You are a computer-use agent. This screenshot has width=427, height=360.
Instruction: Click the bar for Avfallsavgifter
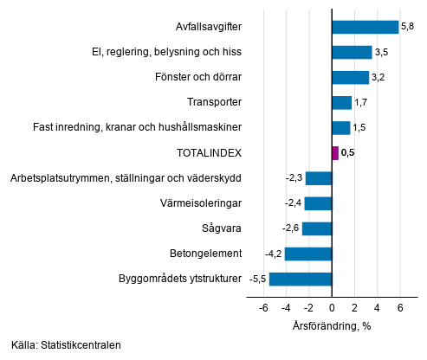(365, 27)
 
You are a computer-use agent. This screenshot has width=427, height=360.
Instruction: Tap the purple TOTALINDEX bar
(335, 153)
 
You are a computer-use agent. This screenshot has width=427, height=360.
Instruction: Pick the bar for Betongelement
(308, 254)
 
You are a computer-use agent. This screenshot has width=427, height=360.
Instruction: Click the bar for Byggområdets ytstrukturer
(301, 280)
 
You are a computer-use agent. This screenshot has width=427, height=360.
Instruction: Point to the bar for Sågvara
(317, 229)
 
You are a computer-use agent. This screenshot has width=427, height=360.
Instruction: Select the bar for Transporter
(341, 103)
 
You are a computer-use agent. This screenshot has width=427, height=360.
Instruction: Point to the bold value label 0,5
(348, 153)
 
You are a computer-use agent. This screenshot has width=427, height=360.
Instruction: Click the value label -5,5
(258, 280)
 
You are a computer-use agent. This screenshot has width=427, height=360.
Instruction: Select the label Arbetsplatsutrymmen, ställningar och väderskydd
(125, 178)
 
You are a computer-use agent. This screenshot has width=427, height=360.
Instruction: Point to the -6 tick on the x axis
(262, 307)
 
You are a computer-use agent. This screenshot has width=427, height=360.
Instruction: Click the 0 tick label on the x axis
(332, 307)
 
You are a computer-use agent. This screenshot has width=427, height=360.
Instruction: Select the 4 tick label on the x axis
(377, 307)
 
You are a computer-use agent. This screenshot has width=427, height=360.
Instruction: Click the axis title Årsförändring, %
(332, 326)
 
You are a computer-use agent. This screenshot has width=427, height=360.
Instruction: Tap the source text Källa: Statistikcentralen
(67, 345)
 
